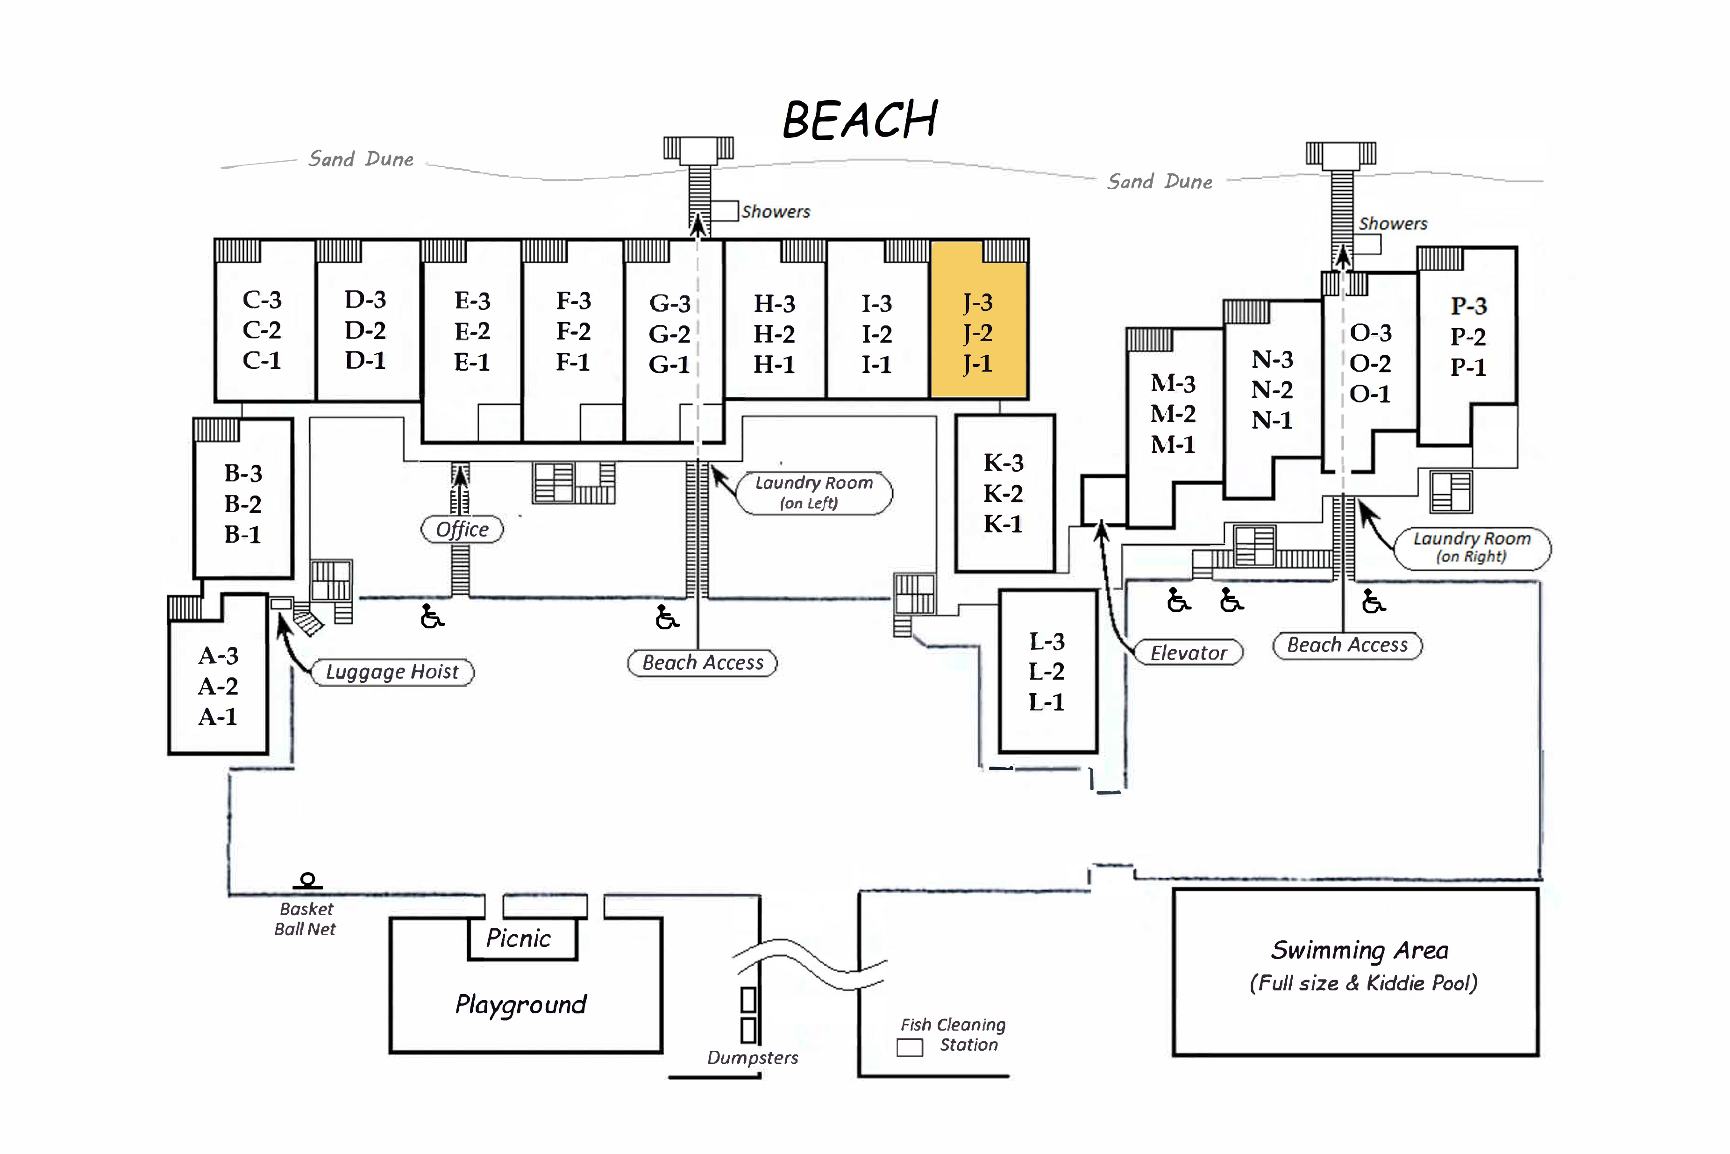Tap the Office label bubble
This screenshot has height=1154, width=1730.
(x=462, y=529)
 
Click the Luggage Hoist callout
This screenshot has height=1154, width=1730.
(x=392, y=672)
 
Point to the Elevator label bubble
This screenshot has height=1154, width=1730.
(x=1188, y=653)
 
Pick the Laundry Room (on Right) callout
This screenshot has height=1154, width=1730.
(x=1472, y=548)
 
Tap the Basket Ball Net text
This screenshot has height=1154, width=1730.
(x=305, y=919)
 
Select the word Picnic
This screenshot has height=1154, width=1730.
(x=519, y=939)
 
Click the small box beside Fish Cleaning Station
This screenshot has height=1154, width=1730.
(x=910, y=1047)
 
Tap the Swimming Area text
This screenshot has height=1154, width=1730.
(x=1360, y=950)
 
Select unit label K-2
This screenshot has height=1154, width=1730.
(x=1003, y=493)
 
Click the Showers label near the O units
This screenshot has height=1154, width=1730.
(x=1392, y=224)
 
